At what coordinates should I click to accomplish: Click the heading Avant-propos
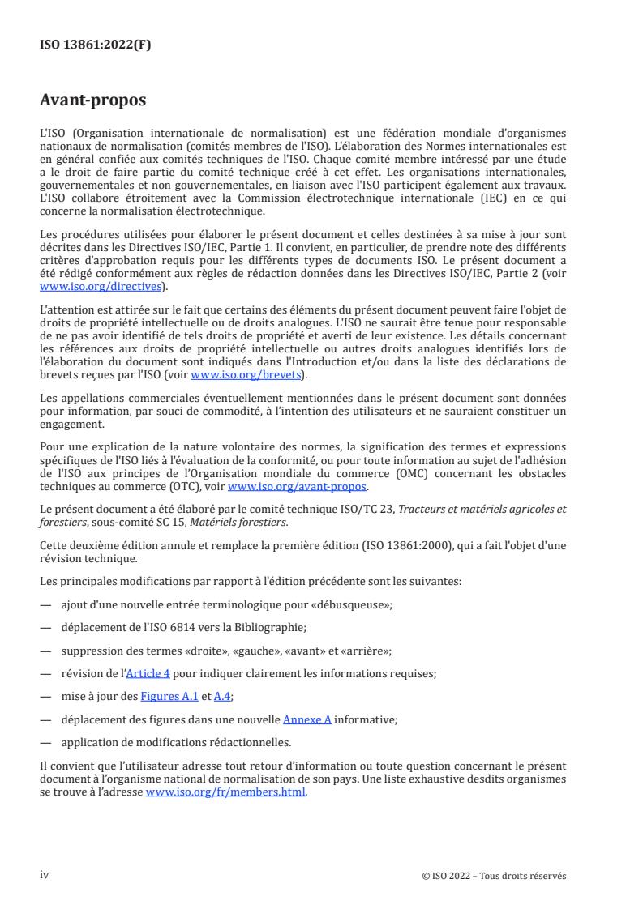[x=92, y=101]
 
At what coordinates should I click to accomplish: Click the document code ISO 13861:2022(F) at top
[x=95, y=45]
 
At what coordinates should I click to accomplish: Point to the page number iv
[x=45, y=875]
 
